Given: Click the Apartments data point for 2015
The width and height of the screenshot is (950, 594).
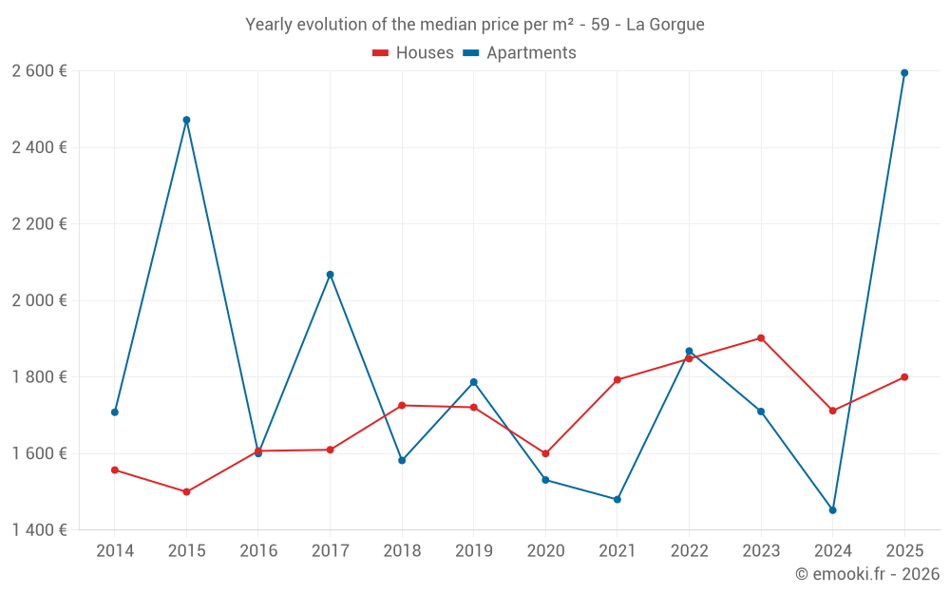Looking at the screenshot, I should (x=186, y=120).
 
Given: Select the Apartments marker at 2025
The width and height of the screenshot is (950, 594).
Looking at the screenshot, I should (x=904, y=72).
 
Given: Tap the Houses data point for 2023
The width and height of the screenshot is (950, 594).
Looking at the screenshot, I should (x=761, y=337).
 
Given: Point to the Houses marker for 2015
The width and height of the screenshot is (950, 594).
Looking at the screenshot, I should (x=186, y=491).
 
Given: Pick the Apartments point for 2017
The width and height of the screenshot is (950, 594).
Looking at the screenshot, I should (x=330, y=274).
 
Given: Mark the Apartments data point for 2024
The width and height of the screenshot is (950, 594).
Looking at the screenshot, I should (x=832, y=510).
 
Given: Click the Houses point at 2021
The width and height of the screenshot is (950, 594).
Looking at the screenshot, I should (x=617, y=379).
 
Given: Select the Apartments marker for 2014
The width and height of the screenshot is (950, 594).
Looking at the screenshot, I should (x=115, y=412).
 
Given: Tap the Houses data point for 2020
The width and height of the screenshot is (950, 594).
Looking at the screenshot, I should (x=545, y=453).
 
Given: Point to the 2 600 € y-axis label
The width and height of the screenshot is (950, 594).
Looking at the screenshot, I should (x=39, y=71).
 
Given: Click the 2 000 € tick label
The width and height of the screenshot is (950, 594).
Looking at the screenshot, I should (x=39, y=300).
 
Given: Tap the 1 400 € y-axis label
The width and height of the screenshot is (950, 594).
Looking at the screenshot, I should (x=39, y=529).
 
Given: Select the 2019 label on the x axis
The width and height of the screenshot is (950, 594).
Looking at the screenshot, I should (x=473, y=550).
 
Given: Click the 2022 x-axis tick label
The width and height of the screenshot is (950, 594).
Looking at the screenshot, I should (x=689, y=550).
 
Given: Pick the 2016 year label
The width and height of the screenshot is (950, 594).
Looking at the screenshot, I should (x=258, y=550).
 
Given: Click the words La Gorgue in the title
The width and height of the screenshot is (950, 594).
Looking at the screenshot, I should (x=665, y=25).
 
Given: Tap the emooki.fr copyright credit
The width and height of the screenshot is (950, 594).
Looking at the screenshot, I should (x=866, y=574).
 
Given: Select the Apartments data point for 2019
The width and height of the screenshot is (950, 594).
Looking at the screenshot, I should (x=473, y=382).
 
